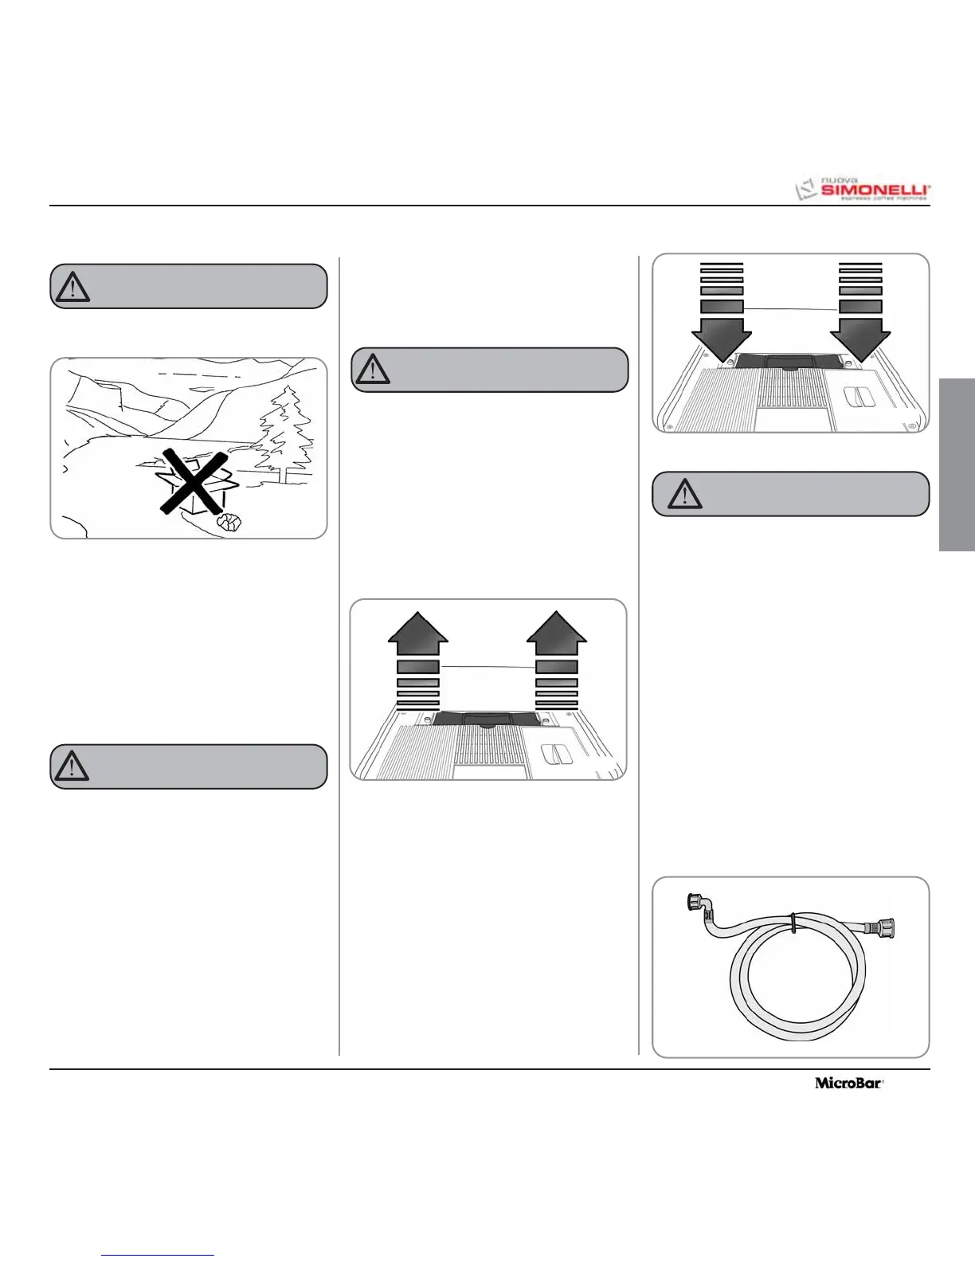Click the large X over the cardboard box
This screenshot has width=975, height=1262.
(194, 480)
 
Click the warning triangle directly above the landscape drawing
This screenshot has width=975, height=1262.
(73, 287)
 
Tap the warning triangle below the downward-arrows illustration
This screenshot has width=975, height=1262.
(683, 495)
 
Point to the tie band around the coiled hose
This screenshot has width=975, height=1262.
(793, 922)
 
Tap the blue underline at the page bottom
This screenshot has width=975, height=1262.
(158, 1256)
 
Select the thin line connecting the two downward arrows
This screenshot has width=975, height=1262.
(791, 308)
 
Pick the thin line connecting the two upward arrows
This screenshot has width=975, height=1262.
(487, 666)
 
